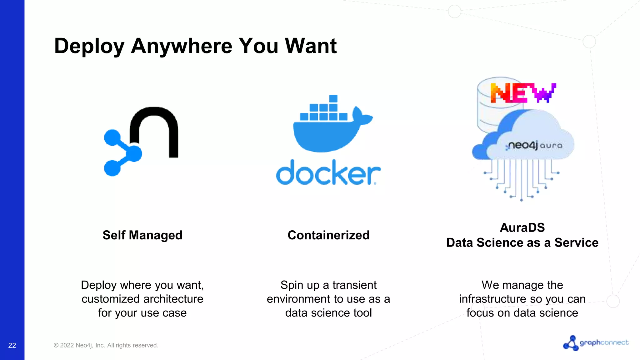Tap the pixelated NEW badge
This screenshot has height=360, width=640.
523,93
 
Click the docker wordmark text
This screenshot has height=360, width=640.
328,173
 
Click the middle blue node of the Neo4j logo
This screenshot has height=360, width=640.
134,153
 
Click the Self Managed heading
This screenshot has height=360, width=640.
142,235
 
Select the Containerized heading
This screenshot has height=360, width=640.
328,235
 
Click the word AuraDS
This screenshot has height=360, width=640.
522,227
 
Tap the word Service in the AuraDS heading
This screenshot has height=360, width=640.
576,242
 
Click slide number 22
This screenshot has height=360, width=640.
12,345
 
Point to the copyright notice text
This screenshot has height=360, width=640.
106,345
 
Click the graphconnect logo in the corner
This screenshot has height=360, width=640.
596,343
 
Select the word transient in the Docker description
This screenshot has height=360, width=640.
354,285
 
